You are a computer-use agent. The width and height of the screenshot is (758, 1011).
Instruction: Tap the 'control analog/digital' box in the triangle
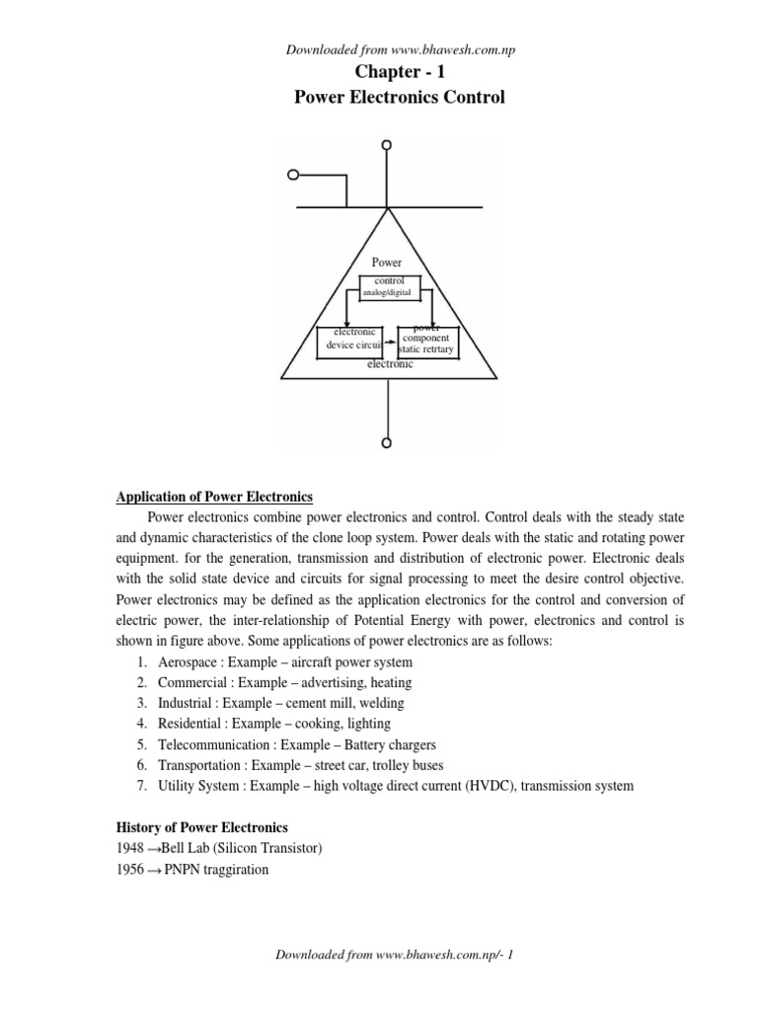[x=390, y=287]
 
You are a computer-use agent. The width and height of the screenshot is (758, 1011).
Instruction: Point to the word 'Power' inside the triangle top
[x=386, y=263]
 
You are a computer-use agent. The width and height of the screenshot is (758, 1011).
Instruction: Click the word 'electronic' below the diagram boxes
[x=390, y=364]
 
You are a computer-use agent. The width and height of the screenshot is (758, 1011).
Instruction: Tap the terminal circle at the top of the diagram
[x=387, y=145]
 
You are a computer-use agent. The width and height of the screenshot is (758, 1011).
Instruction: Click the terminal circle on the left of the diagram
[x=293, y=176]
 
